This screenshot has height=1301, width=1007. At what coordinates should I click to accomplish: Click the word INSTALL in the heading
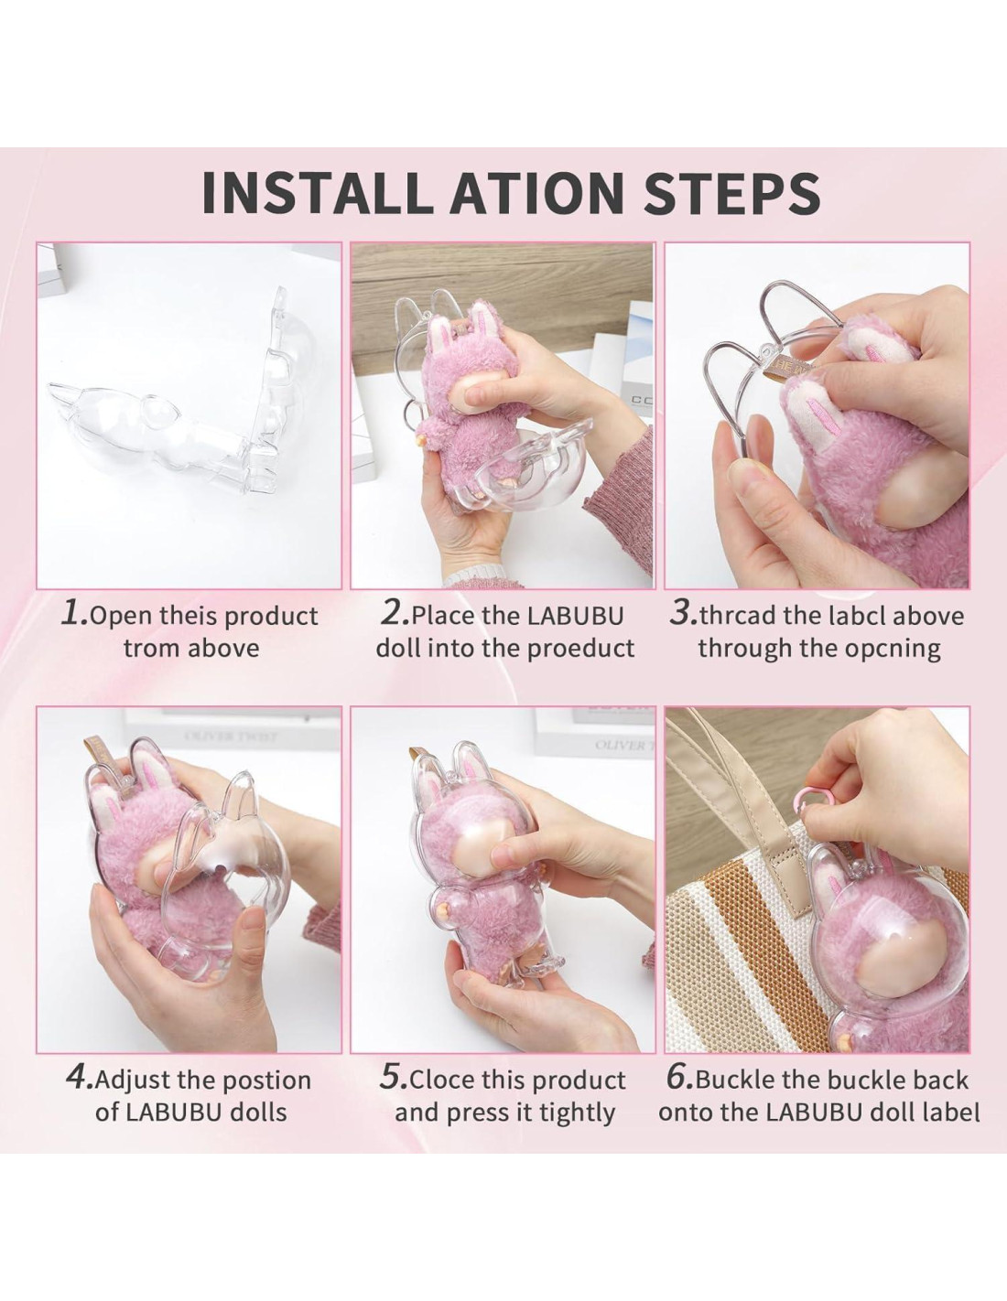coord(317,193)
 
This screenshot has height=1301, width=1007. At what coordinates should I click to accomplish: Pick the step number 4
coord(80,1078)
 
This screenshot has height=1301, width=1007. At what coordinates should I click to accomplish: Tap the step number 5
coord(394,1078)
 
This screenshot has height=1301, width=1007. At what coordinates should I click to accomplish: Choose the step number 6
coord(680,1078)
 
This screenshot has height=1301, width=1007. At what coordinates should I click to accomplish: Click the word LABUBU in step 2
coord(576,616)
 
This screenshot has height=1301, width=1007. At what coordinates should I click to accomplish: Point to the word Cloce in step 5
coord(442,1081)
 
